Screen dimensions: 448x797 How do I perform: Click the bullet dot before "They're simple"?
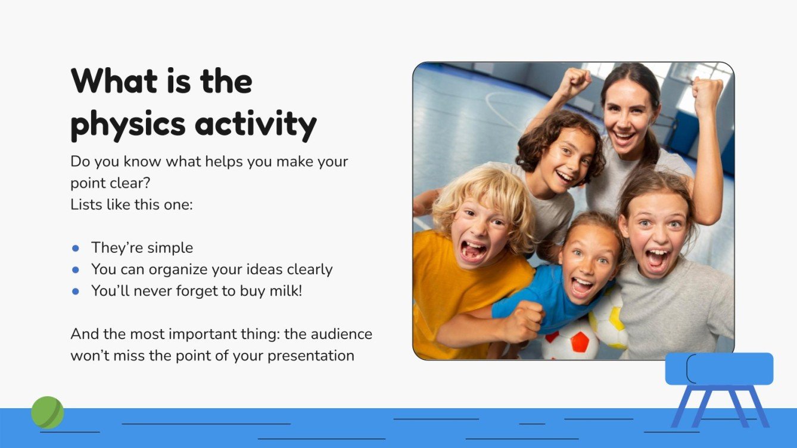[76, 248]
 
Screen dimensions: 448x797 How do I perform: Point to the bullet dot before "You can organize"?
[76, 270]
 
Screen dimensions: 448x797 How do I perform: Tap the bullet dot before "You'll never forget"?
[76, 291]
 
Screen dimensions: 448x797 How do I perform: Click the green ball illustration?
[47, 412]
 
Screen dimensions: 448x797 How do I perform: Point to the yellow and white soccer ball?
[609, 321]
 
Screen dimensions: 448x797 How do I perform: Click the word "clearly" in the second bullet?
[309, 270]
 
